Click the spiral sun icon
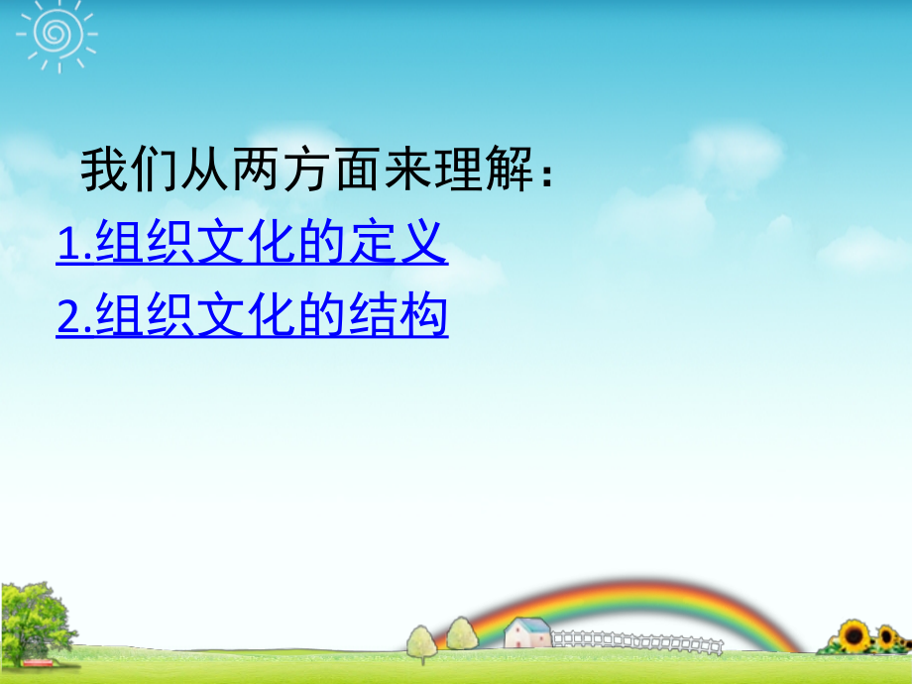tap(52, 34)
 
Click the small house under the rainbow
tap(526, 632)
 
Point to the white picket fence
tap(634, 641)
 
